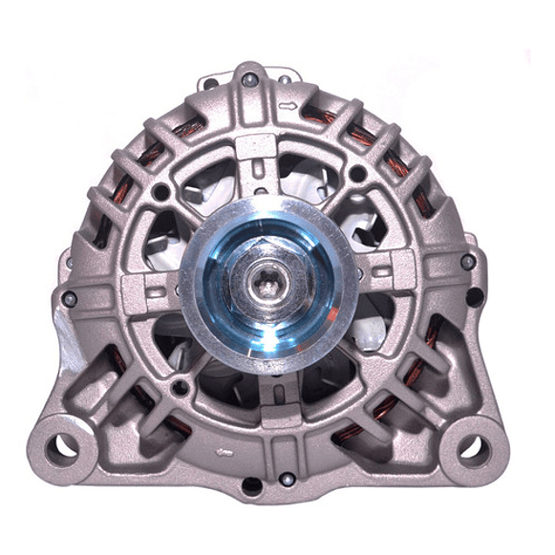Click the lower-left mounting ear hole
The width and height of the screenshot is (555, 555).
pyautogui.click(x=63, y=445)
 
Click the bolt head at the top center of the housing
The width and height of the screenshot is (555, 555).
pyautogui.click(x=250, y=81)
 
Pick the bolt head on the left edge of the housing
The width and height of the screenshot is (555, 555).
pyautogui.click(x=66, y=298)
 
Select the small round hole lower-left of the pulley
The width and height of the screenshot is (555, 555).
pyautogui.click(x=179, y=388)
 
